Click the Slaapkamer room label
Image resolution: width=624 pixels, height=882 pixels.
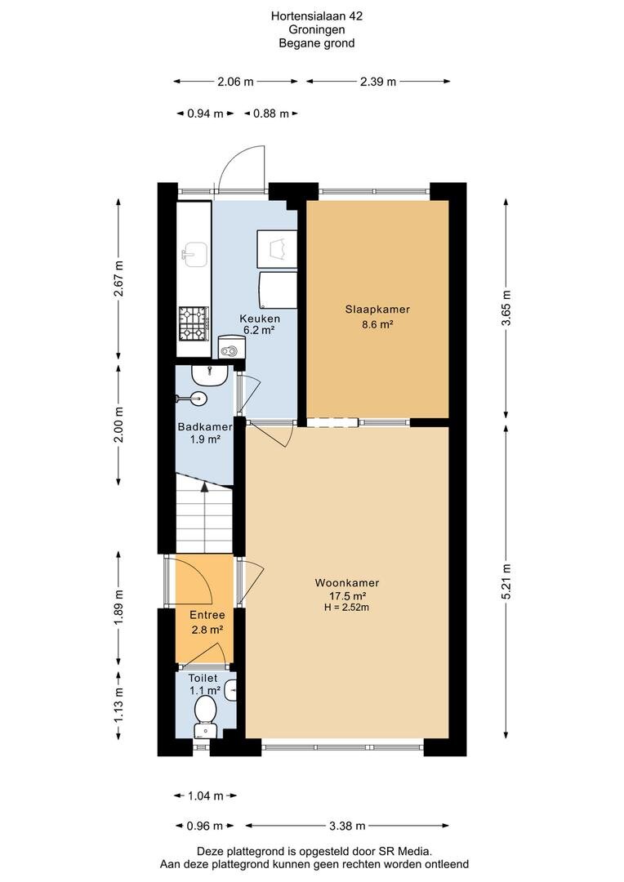[x=377, y=310]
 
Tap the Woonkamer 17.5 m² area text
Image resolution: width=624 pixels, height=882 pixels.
[x=348, y=596]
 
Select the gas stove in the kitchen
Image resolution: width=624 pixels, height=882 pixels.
[x=194, y=323]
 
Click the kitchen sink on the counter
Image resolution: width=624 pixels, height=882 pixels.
[x=194, y=255]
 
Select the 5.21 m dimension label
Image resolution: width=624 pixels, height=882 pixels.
[x=507, y=581]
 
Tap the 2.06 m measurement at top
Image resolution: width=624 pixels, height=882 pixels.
[x=235, y=82]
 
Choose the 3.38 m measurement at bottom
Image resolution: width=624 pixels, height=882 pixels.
[x=347, y=826]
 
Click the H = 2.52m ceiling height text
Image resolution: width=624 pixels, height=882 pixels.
[x=346, y=607]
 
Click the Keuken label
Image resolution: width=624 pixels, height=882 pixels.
[x=260, y=319]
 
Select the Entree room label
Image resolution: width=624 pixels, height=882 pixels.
[x=207, y=616]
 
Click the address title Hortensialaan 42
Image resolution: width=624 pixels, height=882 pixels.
[x=317, y=16]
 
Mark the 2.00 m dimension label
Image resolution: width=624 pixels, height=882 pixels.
[x=118, y=424]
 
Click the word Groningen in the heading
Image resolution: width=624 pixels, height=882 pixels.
[x=317, y=30]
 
